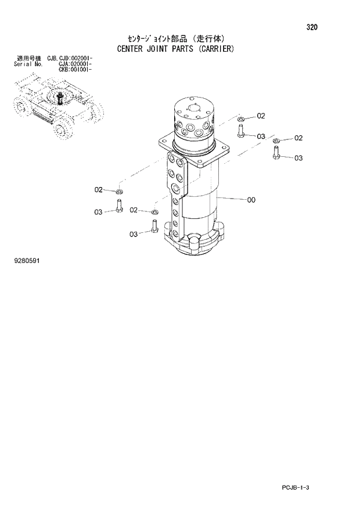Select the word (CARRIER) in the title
(x=214, y=49)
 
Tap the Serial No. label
(x=26, y=64)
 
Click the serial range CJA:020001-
(x=76, y=64)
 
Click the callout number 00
(x=251, y=200)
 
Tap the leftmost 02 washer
(x=119, y=192)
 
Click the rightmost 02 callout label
(x=298, y=138)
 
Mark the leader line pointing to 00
(x=232, y=199)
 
